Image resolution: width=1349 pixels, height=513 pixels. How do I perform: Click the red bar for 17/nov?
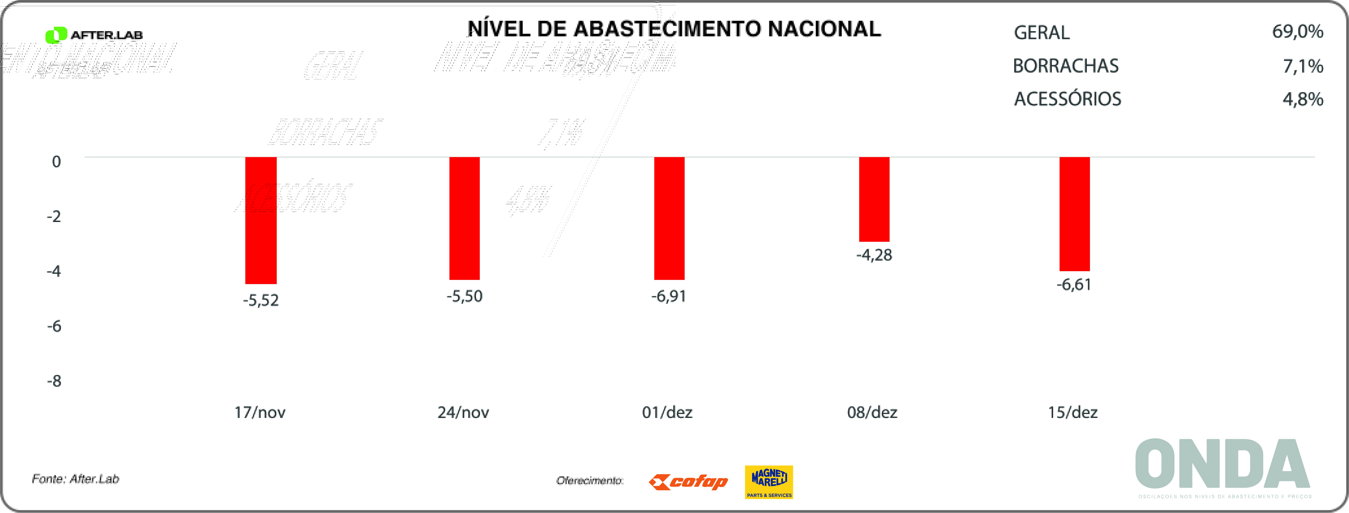point(261,220)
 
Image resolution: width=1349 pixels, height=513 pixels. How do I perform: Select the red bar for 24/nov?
point(464,218)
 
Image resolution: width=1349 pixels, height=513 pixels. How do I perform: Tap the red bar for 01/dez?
point(669,218)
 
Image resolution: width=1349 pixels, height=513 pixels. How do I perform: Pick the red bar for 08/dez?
point(874,199)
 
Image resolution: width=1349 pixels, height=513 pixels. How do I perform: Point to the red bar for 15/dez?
point(1075,214)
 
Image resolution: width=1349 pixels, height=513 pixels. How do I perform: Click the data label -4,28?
point(874,255)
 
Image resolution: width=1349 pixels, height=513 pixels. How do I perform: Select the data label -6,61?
point(1074,285)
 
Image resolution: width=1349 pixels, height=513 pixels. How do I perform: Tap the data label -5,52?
point(261,300)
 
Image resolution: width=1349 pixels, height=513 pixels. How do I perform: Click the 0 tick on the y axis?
point(56,161)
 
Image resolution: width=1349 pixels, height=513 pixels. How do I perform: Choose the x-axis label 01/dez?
point(667,412)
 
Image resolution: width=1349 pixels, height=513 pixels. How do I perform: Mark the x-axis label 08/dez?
point(872,412)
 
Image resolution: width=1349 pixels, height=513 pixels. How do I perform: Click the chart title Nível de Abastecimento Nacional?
point(674,29)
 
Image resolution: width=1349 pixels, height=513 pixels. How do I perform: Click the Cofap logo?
point(688,481)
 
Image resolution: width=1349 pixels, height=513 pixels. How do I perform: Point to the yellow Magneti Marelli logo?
point(769,482)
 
